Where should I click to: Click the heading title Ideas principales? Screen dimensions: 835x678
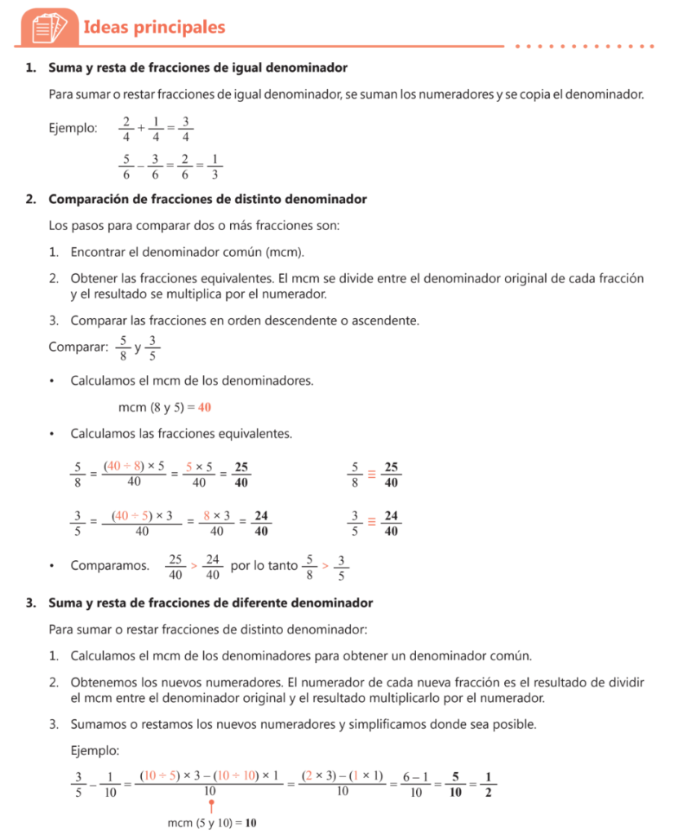(x=154, y=28)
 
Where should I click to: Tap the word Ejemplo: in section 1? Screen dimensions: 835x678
(x=73, y=128)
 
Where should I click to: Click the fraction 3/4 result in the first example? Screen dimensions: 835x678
(x=185, y=129)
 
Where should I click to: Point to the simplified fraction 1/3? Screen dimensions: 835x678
(x=214, y=166)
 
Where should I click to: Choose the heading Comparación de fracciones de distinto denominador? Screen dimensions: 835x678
(x=207, y=199)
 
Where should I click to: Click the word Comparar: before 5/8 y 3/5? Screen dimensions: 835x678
(x=78, y=347)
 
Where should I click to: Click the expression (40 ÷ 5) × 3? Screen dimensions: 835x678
(x=142, y=515)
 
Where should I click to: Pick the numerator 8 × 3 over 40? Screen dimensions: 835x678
(x=217, y=515)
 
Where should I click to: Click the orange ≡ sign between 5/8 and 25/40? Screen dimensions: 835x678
(x=371, y=474)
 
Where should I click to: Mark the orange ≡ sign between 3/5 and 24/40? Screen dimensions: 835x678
(x=371, y=523)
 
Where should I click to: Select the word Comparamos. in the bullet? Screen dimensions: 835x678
(x=109, y=564)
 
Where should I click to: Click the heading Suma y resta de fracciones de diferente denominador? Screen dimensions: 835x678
(x=210, y=603)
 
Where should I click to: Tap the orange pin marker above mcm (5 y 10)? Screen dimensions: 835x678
(x=211, y=803)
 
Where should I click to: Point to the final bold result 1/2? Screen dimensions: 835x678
(x=487, y=782)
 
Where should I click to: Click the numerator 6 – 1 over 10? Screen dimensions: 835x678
(x=415, y=775)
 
